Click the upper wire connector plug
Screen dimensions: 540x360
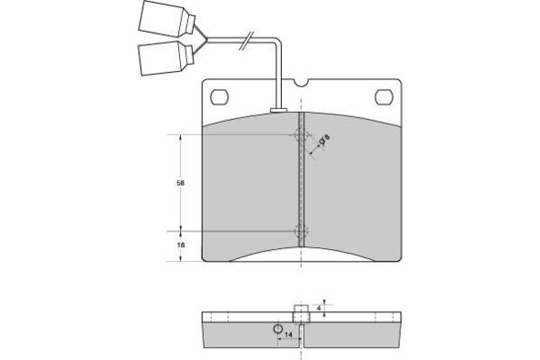(167, 18)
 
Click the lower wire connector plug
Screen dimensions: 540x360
(166, 58)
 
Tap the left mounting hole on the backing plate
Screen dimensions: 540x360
(219, 97)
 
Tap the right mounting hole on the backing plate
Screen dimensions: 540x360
(384, 97)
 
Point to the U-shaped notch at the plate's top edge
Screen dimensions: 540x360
(301, 83)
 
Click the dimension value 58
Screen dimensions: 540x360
(181, 184)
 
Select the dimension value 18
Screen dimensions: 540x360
(181, 245)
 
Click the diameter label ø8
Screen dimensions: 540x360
(325, 139)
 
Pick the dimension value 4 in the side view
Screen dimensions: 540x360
(319, 308)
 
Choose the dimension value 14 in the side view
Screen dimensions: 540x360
(288, 335)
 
